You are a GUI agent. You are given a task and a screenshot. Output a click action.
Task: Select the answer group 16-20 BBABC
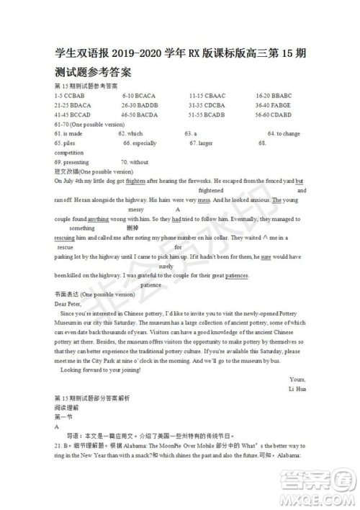point(274,96)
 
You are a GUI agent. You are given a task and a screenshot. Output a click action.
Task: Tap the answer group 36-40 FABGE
point(274,105)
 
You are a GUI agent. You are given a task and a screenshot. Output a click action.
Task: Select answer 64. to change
point(284,134)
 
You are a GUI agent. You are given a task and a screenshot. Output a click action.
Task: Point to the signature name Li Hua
point(297,389)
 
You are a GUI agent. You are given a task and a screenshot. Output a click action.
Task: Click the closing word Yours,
point(297,380)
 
